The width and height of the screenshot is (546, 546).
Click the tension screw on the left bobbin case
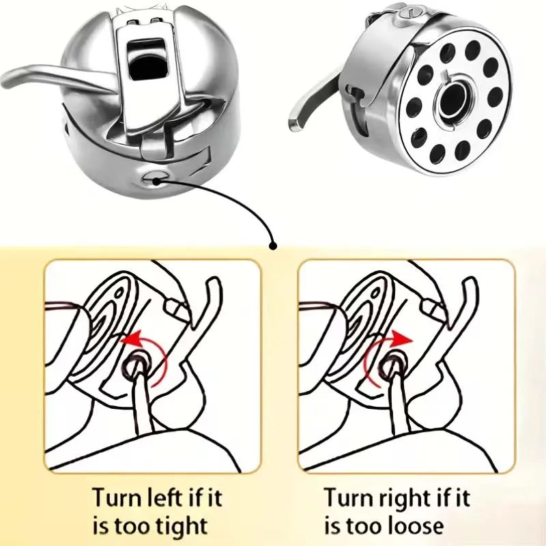(153, 177)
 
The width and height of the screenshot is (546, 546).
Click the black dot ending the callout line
(274, 246)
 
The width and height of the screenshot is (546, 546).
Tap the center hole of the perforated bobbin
(454, 98)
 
